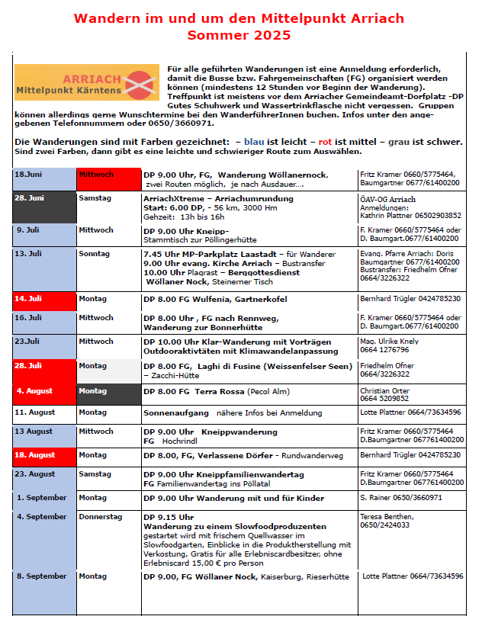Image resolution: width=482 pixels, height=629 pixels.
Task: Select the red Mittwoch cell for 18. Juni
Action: (108, 179)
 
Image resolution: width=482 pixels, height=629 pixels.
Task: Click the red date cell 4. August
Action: (44, 393)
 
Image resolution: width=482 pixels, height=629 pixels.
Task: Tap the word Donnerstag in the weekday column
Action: (100, 517)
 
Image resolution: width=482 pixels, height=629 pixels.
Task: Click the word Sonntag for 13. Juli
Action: (94, 253)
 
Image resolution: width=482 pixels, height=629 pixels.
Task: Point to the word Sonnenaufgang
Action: (176, 412)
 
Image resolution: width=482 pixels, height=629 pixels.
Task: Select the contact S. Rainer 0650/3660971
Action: (400, 498)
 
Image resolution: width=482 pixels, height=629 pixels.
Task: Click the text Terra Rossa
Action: (219, 390)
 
